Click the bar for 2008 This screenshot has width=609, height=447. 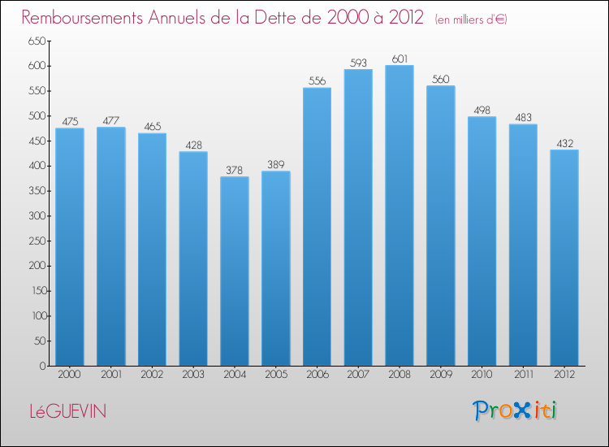point(400,215)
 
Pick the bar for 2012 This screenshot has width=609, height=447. point(564,258)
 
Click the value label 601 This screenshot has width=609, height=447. point(400,59)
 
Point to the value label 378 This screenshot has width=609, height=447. point(235,170)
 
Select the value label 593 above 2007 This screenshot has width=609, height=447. point(358,63)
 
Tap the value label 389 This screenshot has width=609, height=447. point(276,165)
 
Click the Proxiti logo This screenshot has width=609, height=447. point(515,410)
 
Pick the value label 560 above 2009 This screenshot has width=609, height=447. point(440,79)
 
